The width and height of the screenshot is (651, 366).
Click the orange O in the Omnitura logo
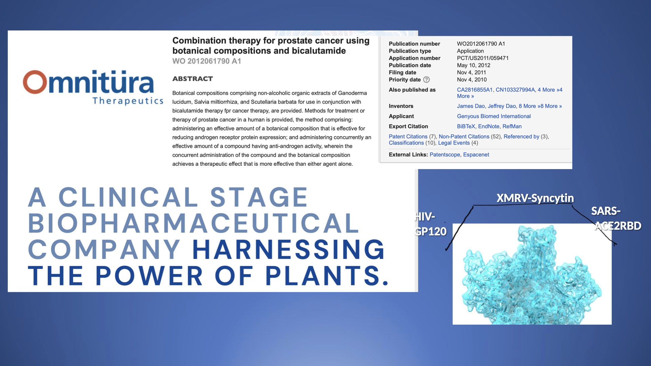pos(35,82)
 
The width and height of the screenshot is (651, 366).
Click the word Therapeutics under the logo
pos(128,101)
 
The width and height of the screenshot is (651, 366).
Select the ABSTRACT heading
pos(193,79)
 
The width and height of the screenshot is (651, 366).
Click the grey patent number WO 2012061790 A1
pos(206,61)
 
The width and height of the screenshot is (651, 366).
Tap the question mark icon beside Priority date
pos(427,80)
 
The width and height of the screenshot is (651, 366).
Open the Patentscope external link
pos(445,155)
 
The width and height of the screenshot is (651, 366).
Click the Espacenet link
pos(476,155)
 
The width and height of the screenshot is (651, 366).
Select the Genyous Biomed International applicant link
pos(494,116)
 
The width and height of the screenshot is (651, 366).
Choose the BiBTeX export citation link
pos(466,126)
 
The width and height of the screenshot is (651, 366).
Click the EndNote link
pos(489,126)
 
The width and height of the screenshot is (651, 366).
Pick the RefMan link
pos(512,126)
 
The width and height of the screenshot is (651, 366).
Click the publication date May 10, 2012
pos(474,65)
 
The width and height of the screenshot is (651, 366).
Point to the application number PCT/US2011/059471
pos(483,58)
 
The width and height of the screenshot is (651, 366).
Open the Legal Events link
pos(454,143)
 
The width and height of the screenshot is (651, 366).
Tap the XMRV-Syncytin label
pos(535,198)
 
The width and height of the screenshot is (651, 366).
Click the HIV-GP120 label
pos(430,224)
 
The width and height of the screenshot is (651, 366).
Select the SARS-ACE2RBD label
pos(616,218)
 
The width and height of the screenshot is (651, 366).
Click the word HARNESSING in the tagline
pos(288,249)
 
